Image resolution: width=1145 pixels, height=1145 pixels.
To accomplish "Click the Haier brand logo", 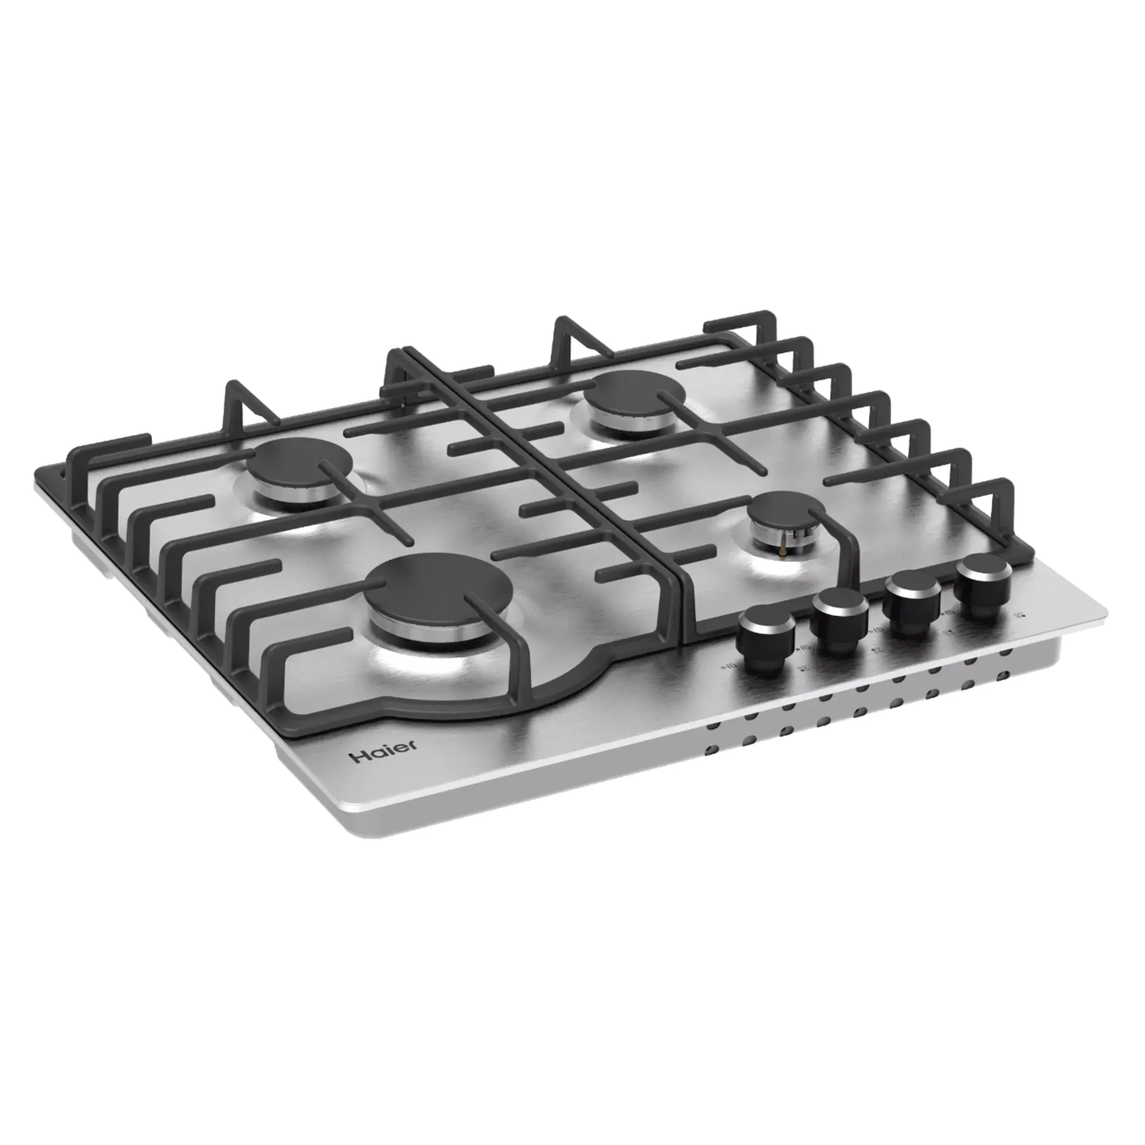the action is point(382,751).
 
